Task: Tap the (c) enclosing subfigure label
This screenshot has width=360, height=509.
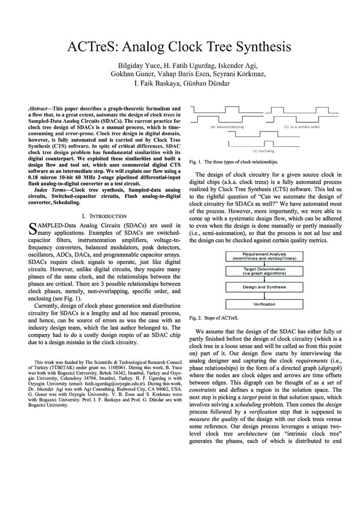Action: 264,151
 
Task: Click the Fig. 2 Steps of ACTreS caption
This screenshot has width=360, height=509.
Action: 214,317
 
